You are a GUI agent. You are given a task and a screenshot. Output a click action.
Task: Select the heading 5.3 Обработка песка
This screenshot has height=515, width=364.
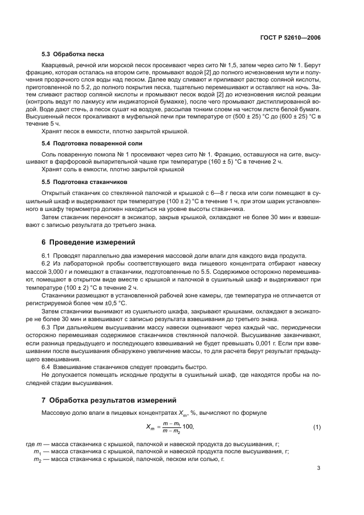click(73, 54)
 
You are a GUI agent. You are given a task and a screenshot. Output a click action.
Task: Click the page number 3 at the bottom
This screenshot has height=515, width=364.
click(319, 468)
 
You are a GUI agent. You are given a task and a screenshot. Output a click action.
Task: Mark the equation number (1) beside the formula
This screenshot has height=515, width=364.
click(317, 427)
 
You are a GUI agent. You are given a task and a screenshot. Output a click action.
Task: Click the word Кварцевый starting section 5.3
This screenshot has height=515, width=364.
click(57, 66)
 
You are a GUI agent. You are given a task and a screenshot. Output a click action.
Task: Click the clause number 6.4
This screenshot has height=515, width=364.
click(47, 367)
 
